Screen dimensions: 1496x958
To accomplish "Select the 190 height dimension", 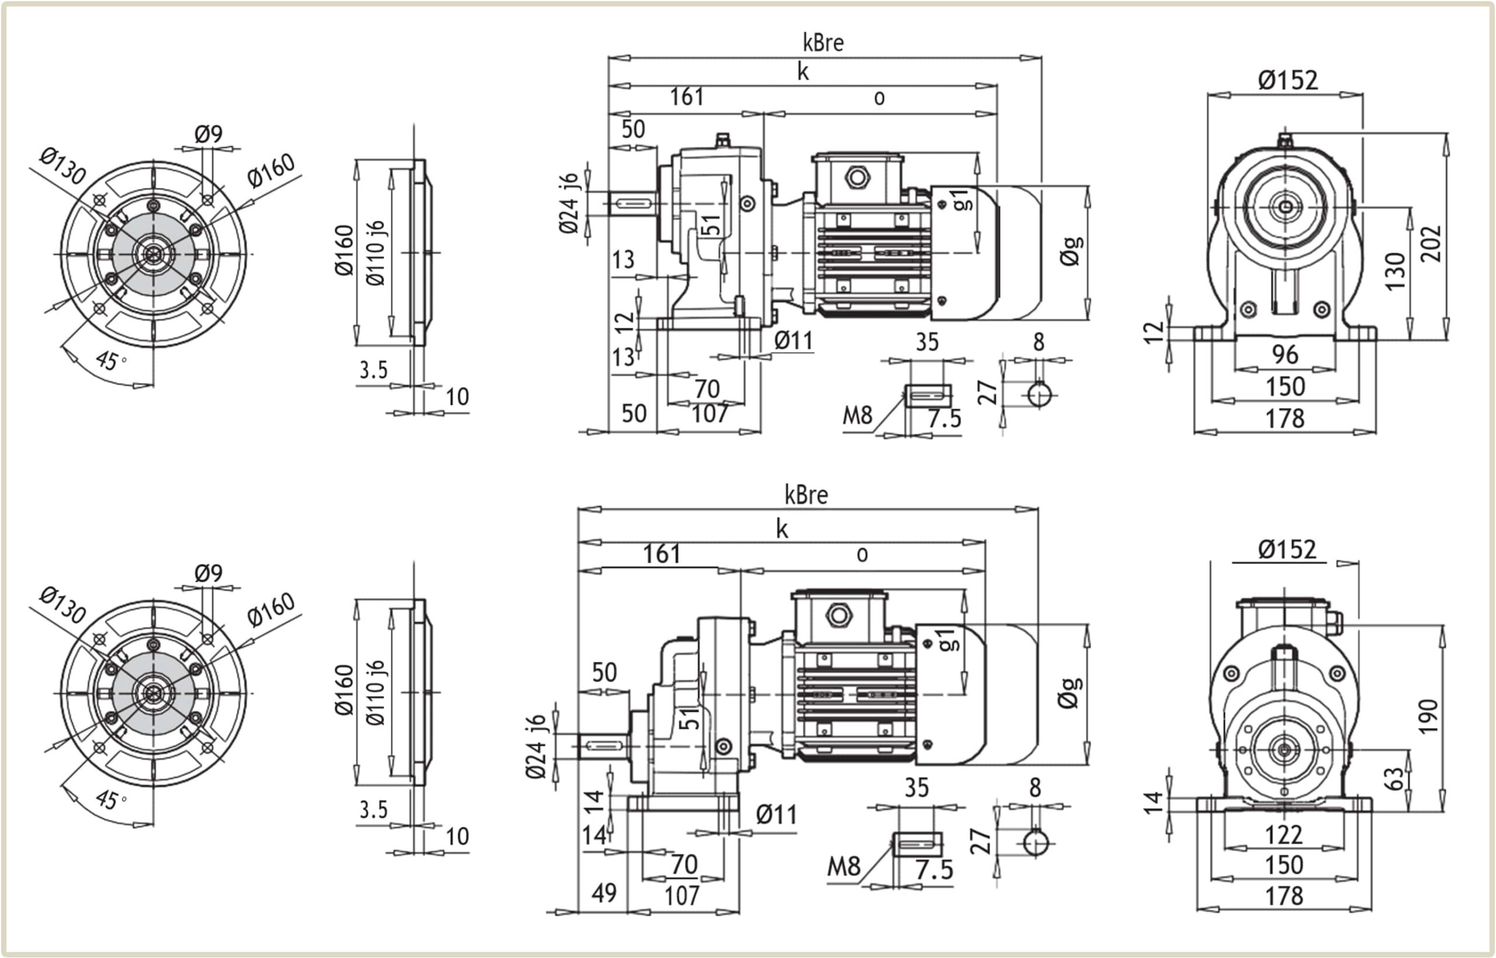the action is click(1428, 717).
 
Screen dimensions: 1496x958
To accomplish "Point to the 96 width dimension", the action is click(1284, 355).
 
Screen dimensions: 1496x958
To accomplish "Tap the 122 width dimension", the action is click(1283, 834).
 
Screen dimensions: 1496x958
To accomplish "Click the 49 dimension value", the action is click(604, 893).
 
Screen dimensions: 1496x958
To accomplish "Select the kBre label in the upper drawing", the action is click(823, 42).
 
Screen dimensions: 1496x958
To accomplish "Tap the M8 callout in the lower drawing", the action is click(843, 866).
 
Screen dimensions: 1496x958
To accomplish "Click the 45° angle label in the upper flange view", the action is click(110, 360).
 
